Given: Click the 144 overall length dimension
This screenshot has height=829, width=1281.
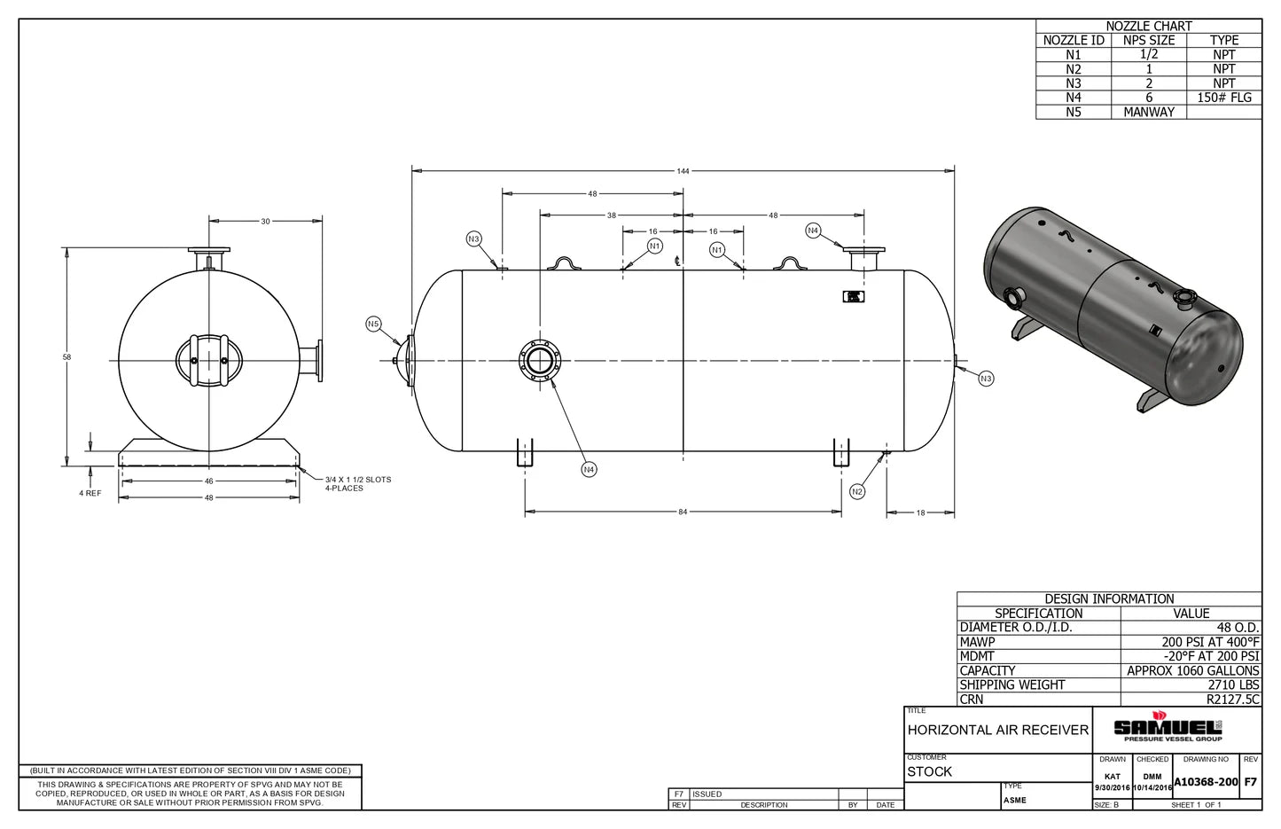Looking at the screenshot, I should coord(683,170).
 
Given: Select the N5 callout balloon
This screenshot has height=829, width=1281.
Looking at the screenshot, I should coord(373,325).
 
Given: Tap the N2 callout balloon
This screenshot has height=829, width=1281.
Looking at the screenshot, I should coord(856,491).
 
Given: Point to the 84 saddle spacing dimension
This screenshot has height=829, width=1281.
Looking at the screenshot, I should coord(683,512).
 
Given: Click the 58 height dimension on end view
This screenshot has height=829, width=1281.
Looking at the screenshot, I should coord(66,357).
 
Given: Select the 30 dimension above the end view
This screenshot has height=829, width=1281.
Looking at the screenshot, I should coord(265,221).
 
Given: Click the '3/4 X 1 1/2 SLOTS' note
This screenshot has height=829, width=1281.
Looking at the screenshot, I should coord(358,480).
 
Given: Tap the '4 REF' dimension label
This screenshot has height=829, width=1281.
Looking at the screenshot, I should coord(90,493).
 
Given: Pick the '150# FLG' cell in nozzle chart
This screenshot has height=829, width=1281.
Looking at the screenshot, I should coord(1223,98).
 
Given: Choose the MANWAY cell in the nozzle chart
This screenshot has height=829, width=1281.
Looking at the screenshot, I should coord(1148,112).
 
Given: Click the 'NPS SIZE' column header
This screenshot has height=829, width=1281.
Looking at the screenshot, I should coord(1148,40).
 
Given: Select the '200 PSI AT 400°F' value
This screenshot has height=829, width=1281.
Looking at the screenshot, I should coord(1210,642).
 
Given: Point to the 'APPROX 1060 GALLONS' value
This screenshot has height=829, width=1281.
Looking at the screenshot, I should coord(1192,670).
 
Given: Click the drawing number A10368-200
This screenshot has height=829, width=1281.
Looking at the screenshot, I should coord(1206,782).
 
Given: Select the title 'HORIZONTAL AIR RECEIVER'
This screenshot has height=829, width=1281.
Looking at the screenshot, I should coord(997,730).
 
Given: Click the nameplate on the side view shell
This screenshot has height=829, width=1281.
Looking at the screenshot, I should coord(854,297).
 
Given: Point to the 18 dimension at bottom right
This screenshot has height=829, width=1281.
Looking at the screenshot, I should coord(921,512).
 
